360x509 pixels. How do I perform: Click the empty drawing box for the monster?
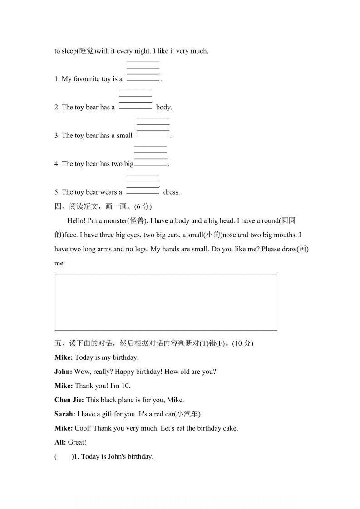166,303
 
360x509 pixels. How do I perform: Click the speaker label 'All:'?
60,442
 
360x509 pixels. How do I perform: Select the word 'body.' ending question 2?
164,108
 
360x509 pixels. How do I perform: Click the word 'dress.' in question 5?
171,192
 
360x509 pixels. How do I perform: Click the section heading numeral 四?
58,206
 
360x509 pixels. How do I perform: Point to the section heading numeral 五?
58,343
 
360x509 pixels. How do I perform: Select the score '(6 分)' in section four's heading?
143,206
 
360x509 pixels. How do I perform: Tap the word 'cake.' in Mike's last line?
229,428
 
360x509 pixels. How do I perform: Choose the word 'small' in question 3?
124,136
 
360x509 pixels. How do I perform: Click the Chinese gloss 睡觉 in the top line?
86,51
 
